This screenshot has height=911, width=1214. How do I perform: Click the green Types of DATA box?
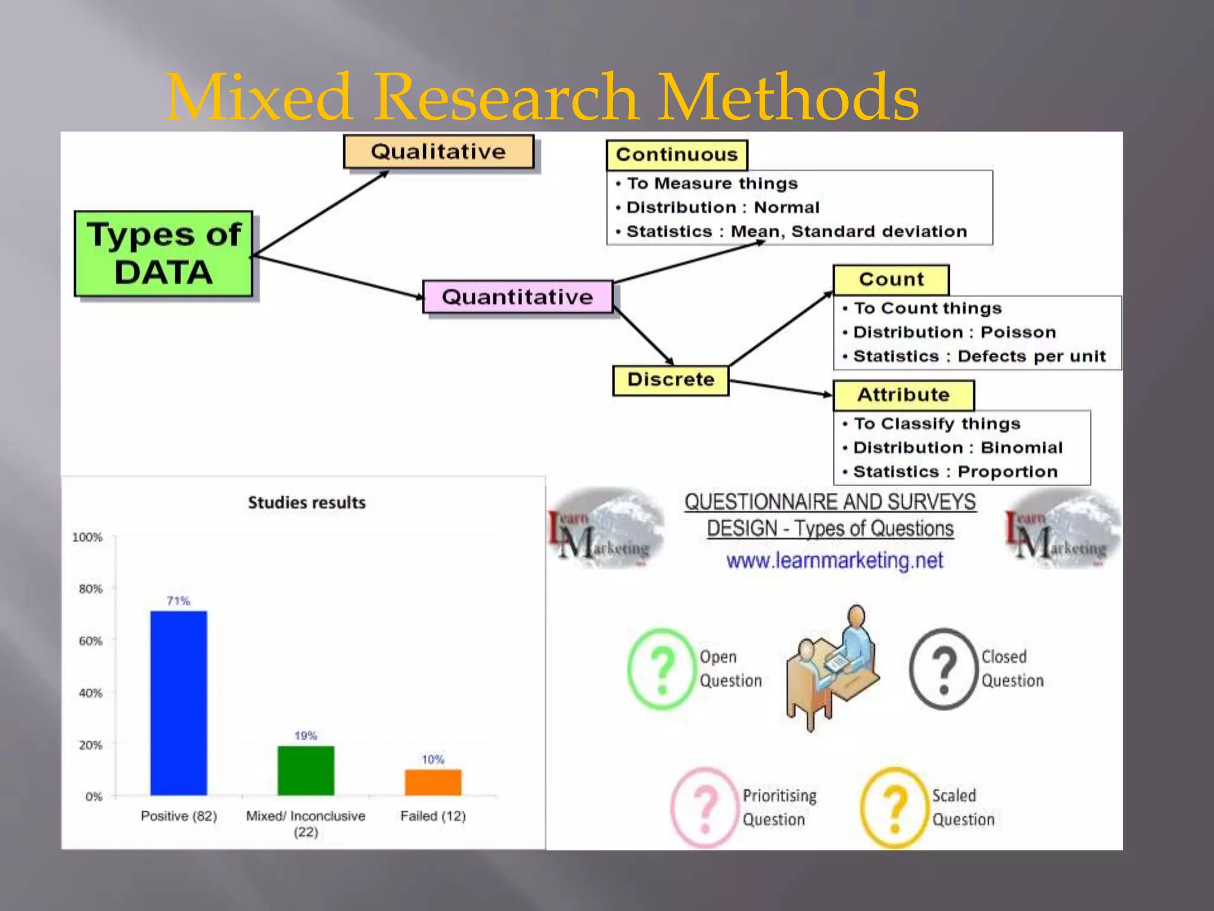point(164,253)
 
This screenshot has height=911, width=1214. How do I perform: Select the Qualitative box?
point(439,152)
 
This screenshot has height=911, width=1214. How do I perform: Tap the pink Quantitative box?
point(517,297)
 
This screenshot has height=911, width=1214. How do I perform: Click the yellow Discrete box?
point(670,380)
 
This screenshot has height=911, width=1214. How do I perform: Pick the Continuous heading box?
point(676,155)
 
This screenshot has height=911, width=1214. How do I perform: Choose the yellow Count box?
point(891,279)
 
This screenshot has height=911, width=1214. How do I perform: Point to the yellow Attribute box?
point(903,395)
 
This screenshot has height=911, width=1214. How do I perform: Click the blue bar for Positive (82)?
point(178,703)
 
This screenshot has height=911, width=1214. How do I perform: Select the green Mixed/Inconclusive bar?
point(306,770)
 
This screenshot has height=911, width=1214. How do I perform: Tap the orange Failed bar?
point(433,782)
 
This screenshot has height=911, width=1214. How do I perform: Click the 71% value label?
point(178,601)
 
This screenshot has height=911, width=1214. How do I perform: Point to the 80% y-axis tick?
point(91,589)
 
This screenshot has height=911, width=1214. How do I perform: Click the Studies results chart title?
point(306,503)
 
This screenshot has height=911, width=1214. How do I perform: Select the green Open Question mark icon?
point(661,669)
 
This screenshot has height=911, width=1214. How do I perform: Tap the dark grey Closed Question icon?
point(943,669)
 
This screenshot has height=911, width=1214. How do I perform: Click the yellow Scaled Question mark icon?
point(894,808)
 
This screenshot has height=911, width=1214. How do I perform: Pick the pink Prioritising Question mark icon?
point(704,808)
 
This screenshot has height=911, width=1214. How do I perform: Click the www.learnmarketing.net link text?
point(835,560)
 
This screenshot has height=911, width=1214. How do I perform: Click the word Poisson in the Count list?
point(1018,332)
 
